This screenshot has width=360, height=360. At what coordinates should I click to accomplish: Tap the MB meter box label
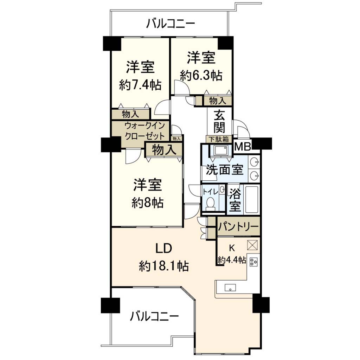[243, 147]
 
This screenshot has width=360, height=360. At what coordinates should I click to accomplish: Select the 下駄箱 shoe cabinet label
[219, 139]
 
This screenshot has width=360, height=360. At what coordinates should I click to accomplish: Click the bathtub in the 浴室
[252, 200]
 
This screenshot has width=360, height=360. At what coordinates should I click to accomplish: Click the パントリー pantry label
[238, 227]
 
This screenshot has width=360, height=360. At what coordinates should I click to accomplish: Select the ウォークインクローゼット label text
[144, 131]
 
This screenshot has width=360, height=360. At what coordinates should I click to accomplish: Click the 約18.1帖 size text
[164, 266]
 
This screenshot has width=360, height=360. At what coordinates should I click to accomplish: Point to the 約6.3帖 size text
[201, 75]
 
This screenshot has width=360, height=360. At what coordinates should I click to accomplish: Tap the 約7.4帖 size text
[140, 85]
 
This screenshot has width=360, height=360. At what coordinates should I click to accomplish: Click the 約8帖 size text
[148, 202]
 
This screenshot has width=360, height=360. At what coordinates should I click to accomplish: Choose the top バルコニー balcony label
[171, 24]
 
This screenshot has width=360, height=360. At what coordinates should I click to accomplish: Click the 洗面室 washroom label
[225, 170]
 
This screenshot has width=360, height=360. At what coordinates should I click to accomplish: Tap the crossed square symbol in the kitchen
[252, 245]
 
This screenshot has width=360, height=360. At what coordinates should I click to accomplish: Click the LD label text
[164, 249]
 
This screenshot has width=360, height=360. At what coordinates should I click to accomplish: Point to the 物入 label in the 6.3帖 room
[217, 101]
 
